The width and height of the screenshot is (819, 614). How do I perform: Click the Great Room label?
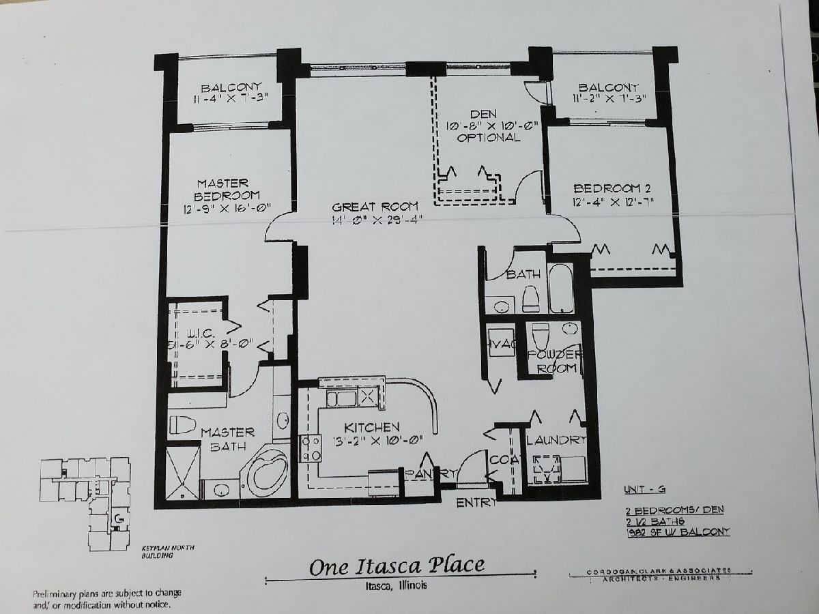(375, 207)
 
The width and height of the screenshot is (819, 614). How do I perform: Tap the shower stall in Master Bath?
(182, 471)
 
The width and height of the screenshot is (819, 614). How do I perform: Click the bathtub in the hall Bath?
(561, 289)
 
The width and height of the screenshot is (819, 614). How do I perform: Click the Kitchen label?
(371, 427)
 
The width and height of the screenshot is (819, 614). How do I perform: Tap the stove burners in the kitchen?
(311, 448)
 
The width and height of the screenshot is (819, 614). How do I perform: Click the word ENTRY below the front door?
(477, 503)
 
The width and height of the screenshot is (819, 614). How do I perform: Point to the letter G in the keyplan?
(119, 520)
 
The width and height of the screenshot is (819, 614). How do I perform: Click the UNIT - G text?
(645, 489)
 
